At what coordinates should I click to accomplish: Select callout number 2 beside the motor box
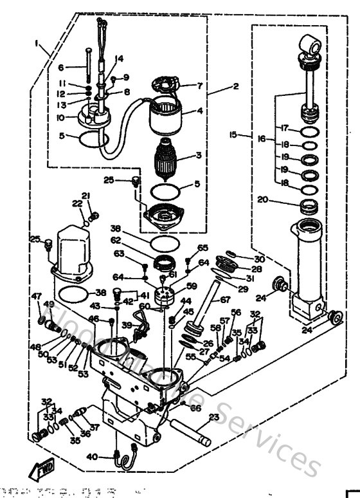pos(235,85)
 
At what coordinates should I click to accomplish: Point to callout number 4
pos(201,110)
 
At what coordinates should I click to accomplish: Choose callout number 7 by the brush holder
pos(199,85)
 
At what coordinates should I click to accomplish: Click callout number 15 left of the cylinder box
pos(233,134)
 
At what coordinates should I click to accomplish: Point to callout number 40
pos(91,457)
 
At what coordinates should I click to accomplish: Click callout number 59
pos(191,286)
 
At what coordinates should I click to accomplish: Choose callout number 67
pos(225,299)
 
